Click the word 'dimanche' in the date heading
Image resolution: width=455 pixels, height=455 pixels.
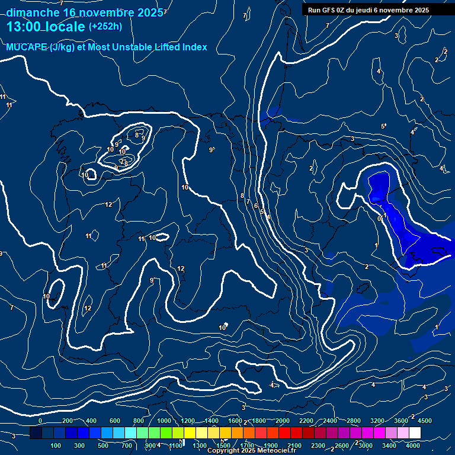pyautogui.click(x=33, y=12)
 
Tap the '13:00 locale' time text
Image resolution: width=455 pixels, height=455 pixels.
pyautogui.click(x=46, y=27)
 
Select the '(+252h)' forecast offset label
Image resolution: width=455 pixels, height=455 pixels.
pyautogui.click(x=105, y=27)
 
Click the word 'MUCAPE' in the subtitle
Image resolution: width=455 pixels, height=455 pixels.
pyautogui.click(x=26, y=47)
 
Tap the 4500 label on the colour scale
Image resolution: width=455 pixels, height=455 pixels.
pyautogui.click(x=424, y=421)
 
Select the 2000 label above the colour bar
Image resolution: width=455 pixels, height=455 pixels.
pyautogui.click(x=283, y=421)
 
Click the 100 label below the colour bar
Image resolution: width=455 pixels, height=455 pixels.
pyautogui.click(x=56, y=446)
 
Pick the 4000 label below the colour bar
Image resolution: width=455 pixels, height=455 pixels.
pyautogui.click(x=414, y=446)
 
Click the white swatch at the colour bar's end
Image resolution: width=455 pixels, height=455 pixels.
pyautogui.click(x=431, y=433)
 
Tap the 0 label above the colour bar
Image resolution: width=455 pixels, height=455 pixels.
pyautogui.click(x=40, y=421)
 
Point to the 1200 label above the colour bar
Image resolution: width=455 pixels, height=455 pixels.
pyautogui.click(x=188, y=421)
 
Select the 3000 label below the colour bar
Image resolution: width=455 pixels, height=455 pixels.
pyautogui.click(x=366, y=446)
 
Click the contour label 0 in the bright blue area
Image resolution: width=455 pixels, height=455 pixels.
pyautogui.click(x=380, y=219)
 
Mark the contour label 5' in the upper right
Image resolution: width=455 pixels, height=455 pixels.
pyautogui.click(x=383, y=126)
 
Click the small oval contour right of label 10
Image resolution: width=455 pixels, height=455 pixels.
pyautogui.click(x=161, y=238)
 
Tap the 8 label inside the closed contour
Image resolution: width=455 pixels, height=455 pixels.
pyautogui.click(x=137, y=135)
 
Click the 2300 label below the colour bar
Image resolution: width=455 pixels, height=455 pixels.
pyautogui.click(x=318, y=446)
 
